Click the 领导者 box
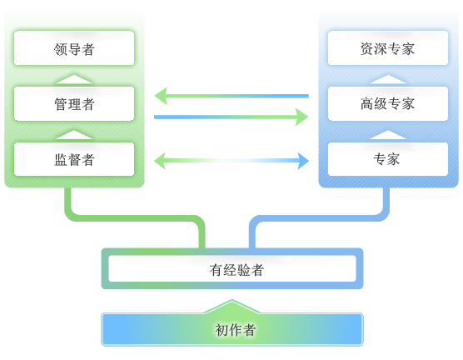[74, 48]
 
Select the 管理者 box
[74, 103]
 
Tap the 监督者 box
[74, 159]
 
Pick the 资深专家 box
[387, 48]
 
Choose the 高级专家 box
[387, 103]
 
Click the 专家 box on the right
[387, 159]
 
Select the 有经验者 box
[232, 269]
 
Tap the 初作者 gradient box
[232, 329]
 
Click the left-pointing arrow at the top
[231, 96]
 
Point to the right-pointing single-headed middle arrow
[231, 117]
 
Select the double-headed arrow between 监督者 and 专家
[231, 160]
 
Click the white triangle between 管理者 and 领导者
[74, 79]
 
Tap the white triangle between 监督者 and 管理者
[74, 135]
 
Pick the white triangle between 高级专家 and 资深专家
[387, 79]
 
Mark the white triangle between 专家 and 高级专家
[387, 135]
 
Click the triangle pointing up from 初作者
[232, 307]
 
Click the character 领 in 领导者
[60, 49]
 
